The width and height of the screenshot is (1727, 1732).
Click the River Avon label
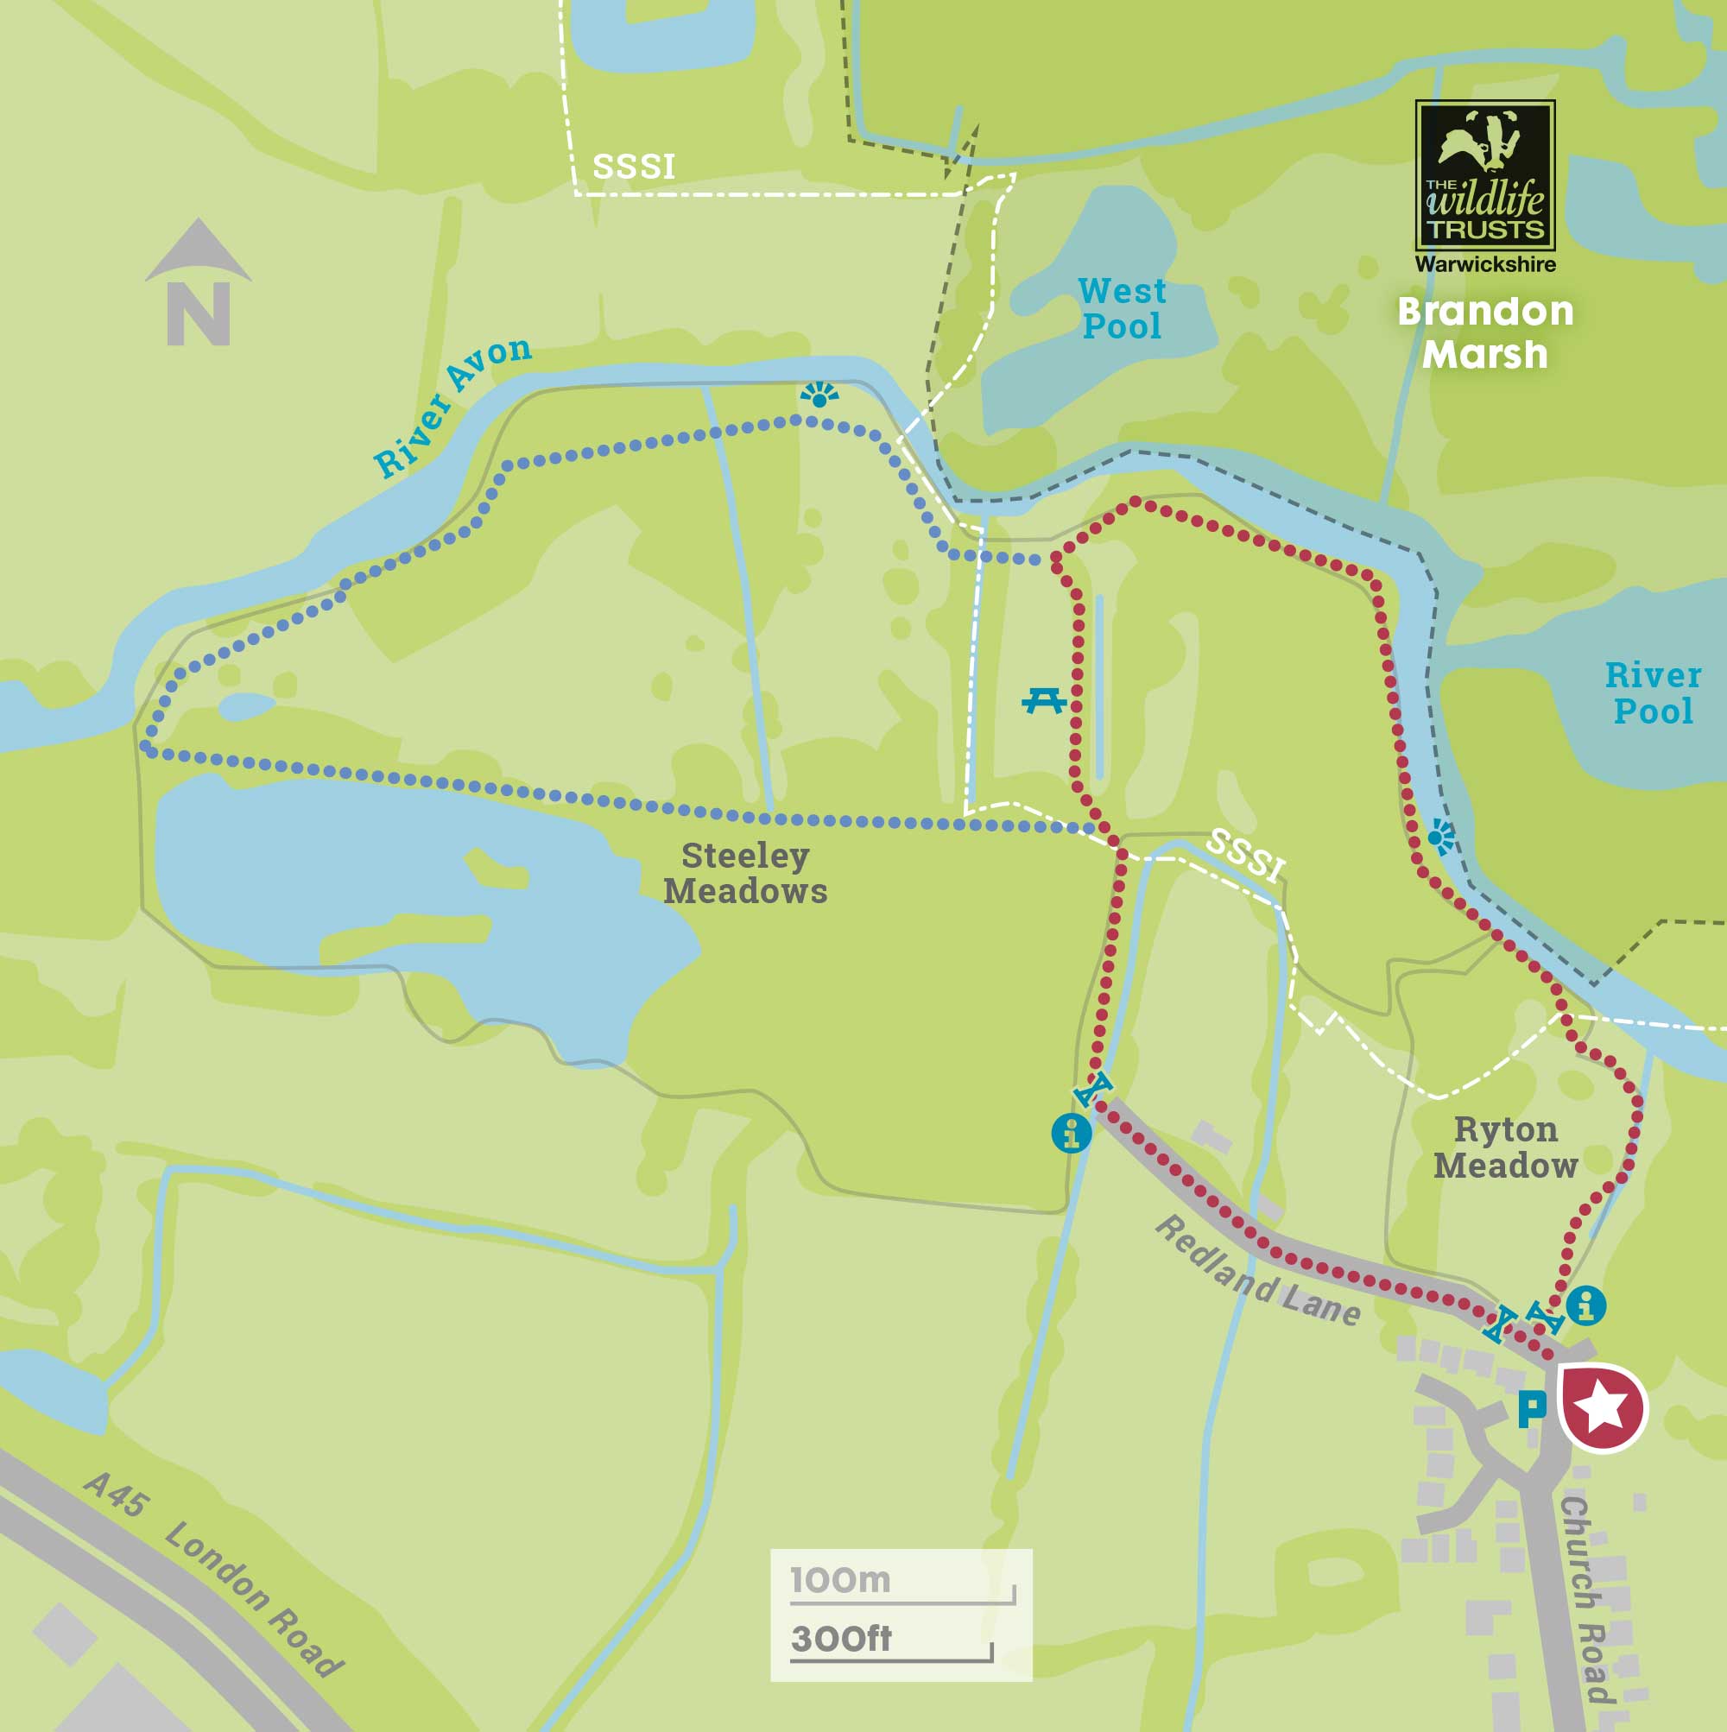pos(452,406)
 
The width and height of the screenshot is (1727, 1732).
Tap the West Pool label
pos(1122,308)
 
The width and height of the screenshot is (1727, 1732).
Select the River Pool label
pos(1653,693)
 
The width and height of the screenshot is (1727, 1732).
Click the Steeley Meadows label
pos(745,873)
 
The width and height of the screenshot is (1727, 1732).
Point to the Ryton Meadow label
pos(1506,1147)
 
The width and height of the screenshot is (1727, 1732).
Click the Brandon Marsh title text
pos(1485,332)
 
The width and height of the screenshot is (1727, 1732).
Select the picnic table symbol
pos(1044,699)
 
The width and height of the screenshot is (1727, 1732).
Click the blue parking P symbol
pos(1532,1408)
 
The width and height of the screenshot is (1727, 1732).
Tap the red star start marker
pos(1603,1406)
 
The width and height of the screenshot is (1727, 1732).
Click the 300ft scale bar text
pos(841,1639)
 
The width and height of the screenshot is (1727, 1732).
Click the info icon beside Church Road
pos(1585,1305)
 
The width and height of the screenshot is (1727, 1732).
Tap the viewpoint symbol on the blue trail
pos(819,395)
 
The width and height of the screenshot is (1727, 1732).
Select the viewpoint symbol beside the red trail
pos(1441,838)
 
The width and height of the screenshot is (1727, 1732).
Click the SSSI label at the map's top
pos(633,167)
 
